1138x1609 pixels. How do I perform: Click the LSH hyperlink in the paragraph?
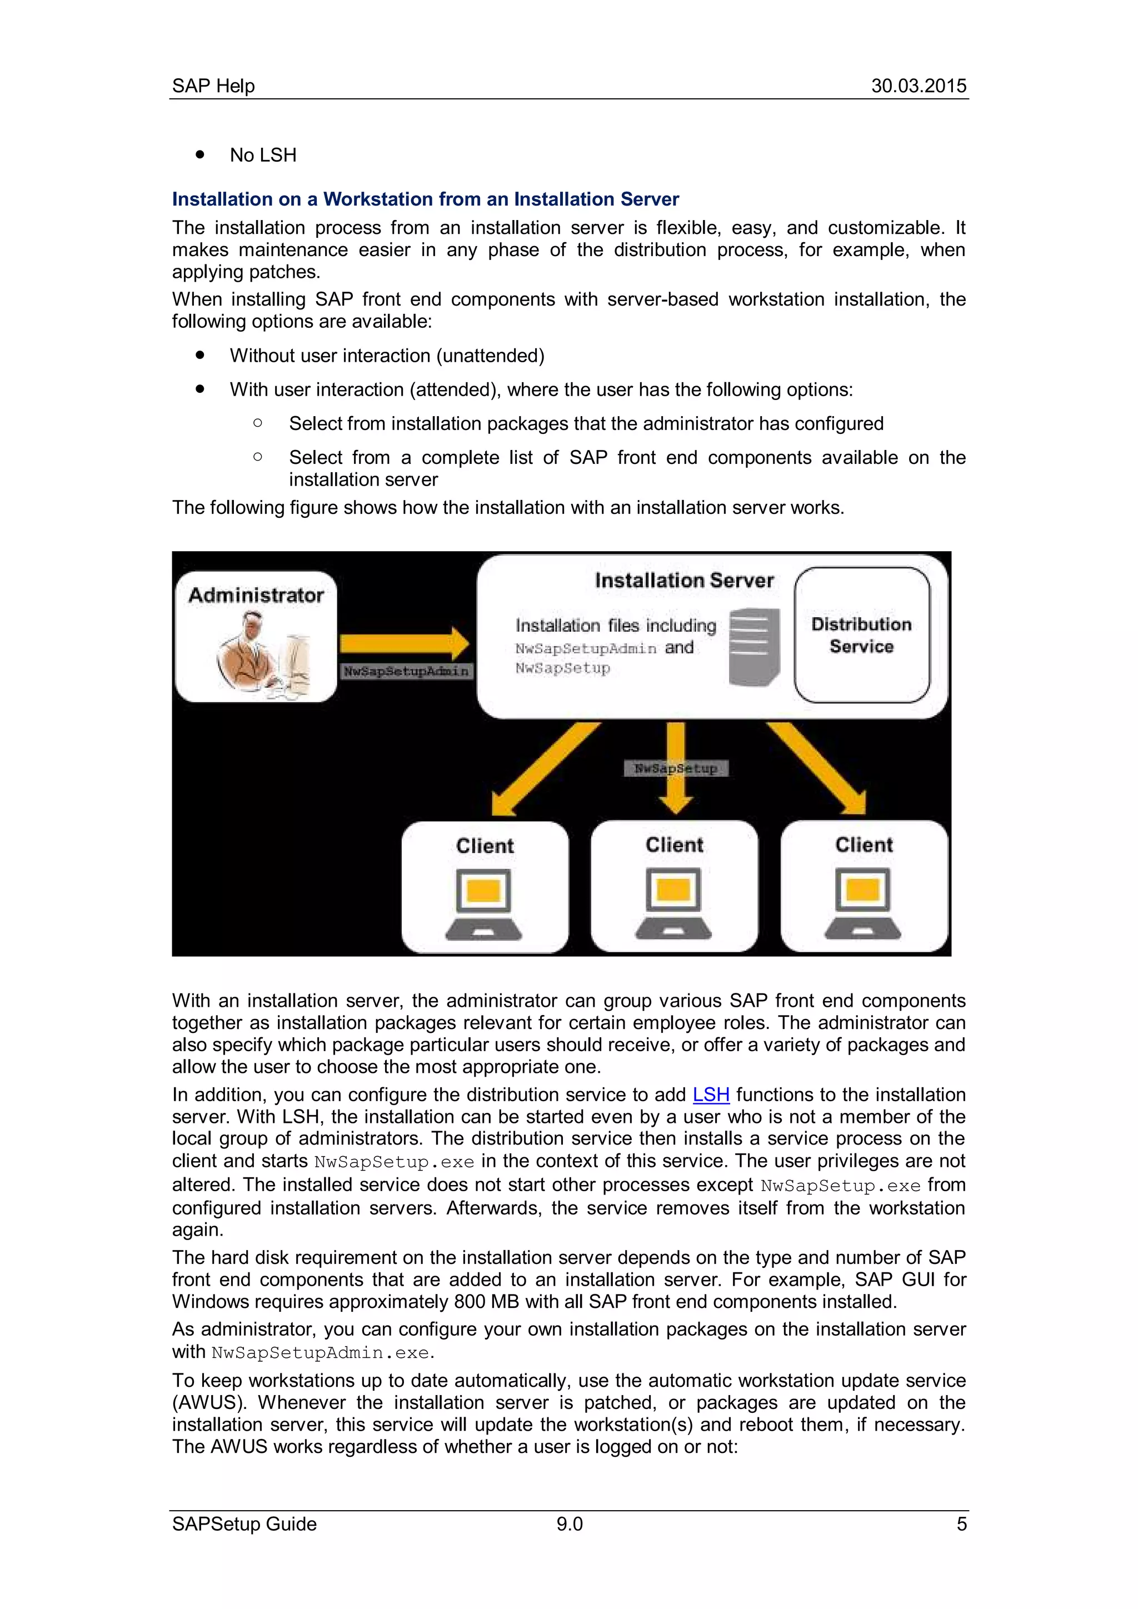pyautogui.click(x=711, y=1095)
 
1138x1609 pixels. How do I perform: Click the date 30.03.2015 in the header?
pyautogui.click(x=918, y=86)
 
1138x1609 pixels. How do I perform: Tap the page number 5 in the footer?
pyautogui.click(x=961, y=1523)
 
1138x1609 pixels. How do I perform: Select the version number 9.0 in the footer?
pyautogui.click(x=569, y=1523)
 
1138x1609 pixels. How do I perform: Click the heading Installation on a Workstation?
pyautogui.click(x=425, y=199)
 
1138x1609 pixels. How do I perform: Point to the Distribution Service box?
pyautogui.click(x=861, y=635)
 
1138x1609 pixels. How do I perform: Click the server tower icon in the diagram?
pyautogui.click(x=754, y=647)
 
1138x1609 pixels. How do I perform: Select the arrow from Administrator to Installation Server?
pyautogui.click(x=403, y=643)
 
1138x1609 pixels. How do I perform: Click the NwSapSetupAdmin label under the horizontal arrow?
pyautogui.click(x=406, y=671)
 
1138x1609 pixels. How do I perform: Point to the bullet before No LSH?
pyautogui.click(x=201, y=154)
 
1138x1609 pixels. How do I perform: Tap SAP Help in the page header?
pyautogui.click(x=213, y=86)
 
